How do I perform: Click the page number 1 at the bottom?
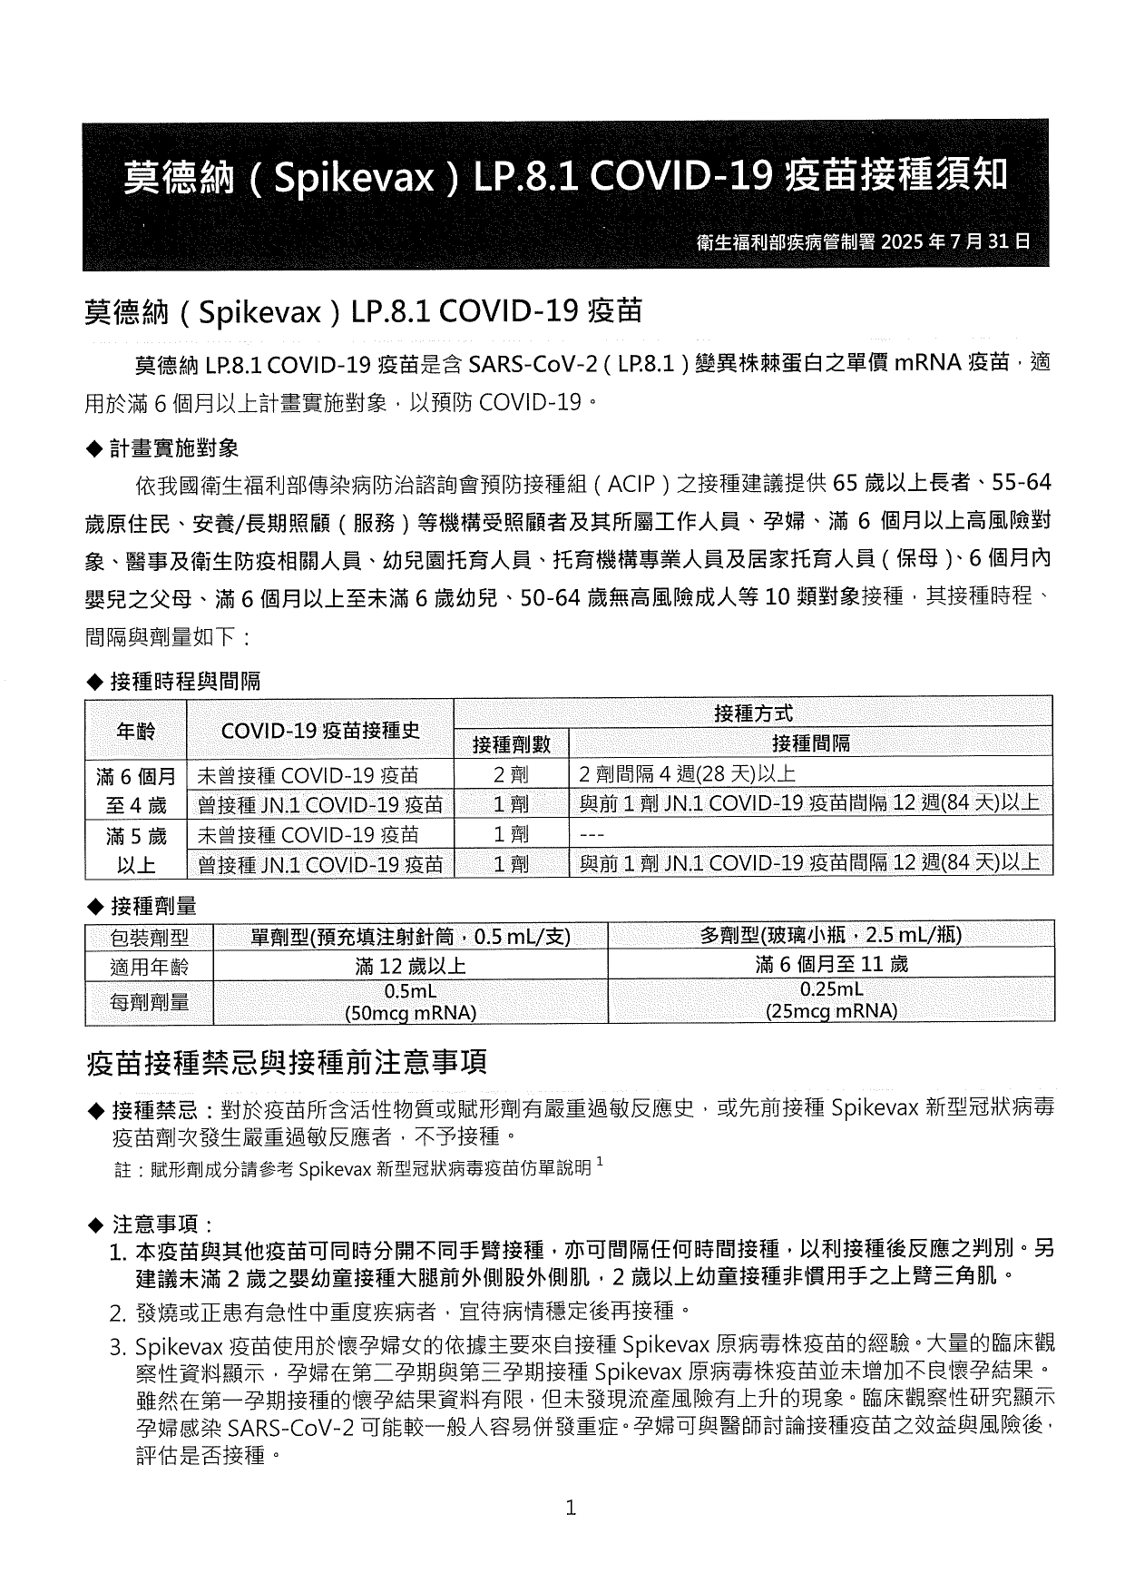[x=571, y=1509]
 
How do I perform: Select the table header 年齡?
[x=136, y=731]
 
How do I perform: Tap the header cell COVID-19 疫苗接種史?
[x=319, y=731]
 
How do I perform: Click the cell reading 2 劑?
[x=512, y=775]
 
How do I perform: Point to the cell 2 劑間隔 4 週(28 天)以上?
[x=687, y=775]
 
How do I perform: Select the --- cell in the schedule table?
[x=592, y=834]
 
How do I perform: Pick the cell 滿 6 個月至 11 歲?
[x=831, y=965]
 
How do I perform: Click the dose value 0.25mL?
[x=831, y=989]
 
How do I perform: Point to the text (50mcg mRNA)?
[x=410, y=1013]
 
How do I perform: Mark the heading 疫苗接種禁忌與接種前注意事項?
[x=287, y=1062]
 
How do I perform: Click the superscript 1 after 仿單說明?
[x=600, y=1162]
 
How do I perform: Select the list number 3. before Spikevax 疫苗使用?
[x=118, y=1346]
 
